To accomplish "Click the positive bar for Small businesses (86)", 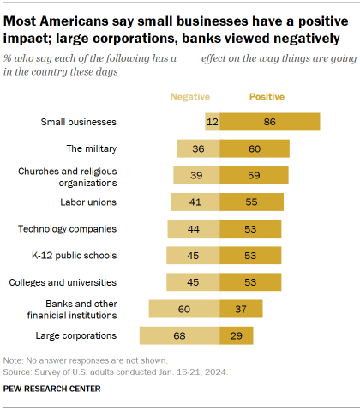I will pos(270,123).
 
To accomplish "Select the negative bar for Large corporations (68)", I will pos(178,335).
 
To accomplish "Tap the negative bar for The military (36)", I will pos(198,149).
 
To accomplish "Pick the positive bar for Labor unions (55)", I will pos(251,202).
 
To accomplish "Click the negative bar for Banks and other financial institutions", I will pos(183,309).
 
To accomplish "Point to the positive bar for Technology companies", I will pos(250,229).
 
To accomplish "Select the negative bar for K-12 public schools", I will pos(193,256).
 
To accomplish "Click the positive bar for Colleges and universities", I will pos(250,282).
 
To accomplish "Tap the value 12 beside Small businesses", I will pos(213,123).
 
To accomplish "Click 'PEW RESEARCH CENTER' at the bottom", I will pos(51,389).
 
